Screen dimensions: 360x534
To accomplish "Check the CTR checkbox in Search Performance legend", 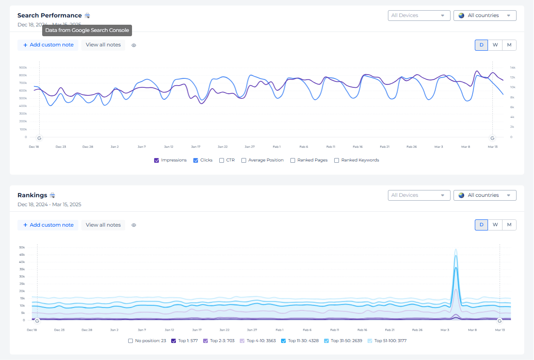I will coord(221,161).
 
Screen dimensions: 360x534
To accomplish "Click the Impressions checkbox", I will coord(157,161).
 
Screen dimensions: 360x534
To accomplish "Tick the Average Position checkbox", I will coord(244,161).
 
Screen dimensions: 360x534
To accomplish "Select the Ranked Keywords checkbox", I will coord(337,161).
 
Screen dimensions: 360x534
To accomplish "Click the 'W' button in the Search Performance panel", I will coord(495,45).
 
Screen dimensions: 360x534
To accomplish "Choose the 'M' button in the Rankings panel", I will coord(509,225).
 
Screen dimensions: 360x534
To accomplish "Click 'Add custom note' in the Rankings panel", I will coord(48,225).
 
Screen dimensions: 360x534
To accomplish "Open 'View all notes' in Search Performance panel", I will coord(103,45).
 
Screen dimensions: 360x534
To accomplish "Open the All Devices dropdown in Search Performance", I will coord(419,15).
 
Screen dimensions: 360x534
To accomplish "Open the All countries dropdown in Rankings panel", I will coord(485,195).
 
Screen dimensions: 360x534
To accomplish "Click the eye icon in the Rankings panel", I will coord(134,225).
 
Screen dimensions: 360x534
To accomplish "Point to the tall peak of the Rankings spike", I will coord(456,250).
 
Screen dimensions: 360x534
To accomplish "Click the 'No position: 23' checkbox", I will coord(131,341).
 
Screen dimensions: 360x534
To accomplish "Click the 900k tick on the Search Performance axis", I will coord(23,68).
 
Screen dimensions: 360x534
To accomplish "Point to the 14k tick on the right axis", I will coord(513,68).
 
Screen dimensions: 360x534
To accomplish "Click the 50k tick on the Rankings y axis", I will coord(22,247).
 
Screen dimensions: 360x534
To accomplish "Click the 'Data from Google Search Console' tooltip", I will coord(87,30).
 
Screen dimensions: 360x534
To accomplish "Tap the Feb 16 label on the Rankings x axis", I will coord(362,330).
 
